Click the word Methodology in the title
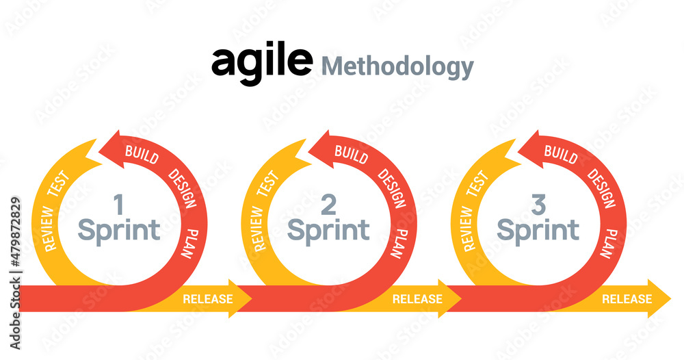[397, 67]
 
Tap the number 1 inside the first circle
[118, 204]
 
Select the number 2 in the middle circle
[328, 204]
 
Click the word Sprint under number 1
[119, 230]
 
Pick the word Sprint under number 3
[538, 230]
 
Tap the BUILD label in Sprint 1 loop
[142, 155]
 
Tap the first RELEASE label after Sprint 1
[208, 299]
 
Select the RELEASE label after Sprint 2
[417, 299]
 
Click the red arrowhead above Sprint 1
[109, 146]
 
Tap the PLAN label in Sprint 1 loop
[189, 243]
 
